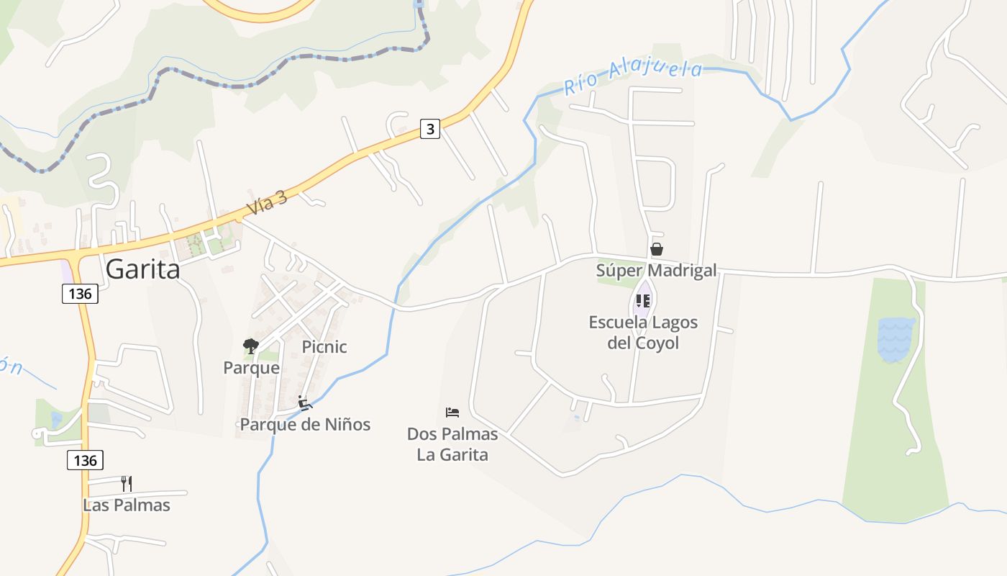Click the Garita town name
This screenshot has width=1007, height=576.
[x=142, y=269]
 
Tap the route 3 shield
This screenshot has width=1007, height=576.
[x=430, y=129]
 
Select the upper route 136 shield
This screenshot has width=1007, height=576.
[x=79, y=294]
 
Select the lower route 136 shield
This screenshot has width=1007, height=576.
[x=85, y=460]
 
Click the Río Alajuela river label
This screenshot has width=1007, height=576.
[x=632, y=76]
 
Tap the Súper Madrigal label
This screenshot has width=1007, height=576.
[x=656, y=270]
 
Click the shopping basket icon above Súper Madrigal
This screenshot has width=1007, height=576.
[x=656, y=249]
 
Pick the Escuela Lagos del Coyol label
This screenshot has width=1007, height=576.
[x=643, y=332]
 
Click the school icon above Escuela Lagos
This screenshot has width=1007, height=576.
[x=643, y=300]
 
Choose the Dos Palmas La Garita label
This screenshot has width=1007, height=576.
[x=452, y=444]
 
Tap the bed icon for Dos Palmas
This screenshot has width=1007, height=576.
[x=452, y=413]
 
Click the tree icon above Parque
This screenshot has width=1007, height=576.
[x=250, y=346]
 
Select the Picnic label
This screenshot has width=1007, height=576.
[x=324, y=347]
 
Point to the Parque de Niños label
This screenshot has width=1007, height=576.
[x=305, y=425]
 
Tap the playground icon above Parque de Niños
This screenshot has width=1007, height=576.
[x=305, y=402]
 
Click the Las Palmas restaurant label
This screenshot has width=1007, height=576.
[x=127, y=505]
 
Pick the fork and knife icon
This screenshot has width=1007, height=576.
[x=127, y=482]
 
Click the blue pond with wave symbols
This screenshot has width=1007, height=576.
[x=896, y=339]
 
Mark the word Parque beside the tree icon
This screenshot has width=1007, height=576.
[x=251, y=368]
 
